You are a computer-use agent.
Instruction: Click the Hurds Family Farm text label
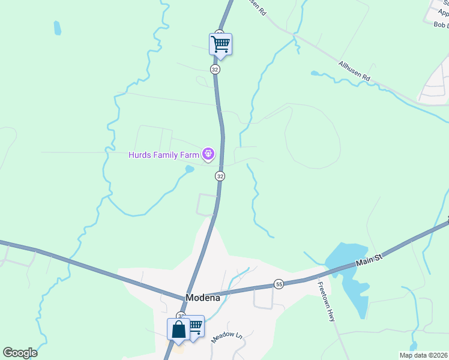(x=163, y=155)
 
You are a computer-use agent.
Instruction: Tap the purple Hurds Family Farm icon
(x=208, y=155)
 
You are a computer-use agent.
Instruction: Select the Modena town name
(x=203, y=297)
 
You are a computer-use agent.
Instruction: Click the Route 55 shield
(x=279, y=283)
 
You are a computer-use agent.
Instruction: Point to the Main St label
(x=369, y=259)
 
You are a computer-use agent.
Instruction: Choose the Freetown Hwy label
(x=325, y=302)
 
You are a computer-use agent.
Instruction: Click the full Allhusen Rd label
(x=355, y=71)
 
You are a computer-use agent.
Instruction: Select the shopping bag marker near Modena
(x=178, y=329)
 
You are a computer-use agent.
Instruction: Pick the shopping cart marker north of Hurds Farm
(x=220, y=44)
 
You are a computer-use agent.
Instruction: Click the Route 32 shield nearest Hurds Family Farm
(x=220, y=176)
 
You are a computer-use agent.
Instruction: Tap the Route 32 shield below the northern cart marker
(x=215, y=70)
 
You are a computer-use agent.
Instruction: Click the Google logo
(x=20, y=353)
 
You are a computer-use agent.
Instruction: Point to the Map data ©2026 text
(x=423, y=355)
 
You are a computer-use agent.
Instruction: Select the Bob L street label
(x=441, y=25)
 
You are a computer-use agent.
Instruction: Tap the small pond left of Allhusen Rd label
(x=315, y=74)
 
